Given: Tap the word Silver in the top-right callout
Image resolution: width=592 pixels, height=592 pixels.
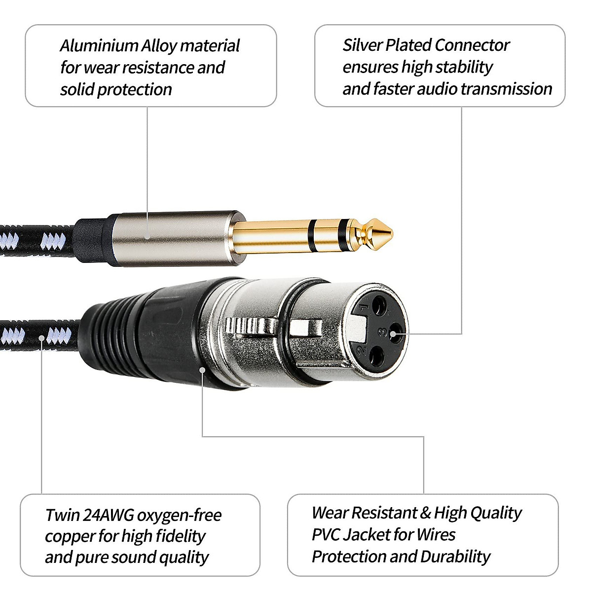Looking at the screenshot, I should tap(362, 45).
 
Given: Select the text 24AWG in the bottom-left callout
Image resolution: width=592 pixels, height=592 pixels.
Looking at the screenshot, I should tap(108, 515).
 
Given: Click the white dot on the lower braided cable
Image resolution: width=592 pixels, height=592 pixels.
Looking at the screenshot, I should tap(42, 338).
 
